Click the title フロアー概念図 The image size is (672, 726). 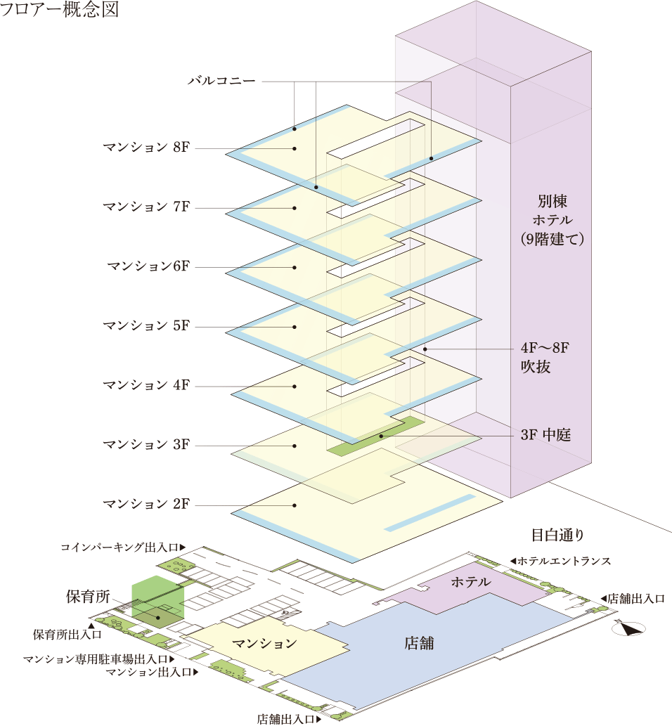click(60, 9)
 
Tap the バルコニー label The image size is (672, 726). click(221, 81)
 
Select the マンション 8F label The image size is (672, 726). click(146, 147)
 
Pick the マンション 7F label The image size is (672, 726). click(146, 207)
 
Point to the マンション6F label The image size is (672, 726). click(148, 266)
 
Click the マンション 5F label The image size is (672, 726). click(146, 325)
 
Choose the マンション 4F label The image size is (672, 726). click(146, 384)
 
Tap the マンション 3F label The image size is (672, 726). click(146, 444)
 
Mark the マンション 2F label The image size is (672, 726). click(146, 504)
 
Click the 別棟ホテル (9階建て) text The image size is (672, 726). click(552, 220)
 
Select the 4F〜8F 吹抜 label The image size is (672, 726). click(545, 357)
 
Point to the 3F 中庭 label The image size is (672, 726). click(545, 435)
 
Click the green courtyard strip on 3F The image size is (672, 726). click(375, 436)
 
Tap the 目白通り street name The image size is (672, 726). click(557, 535)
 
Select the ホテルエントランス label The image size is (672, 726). click(560, 561)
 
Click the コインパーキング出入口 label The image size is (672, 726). click(123, 547)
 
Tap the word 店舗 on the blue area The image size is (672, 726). click(419, 643)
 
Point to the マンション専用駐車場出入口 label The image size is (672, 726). click(98, 659)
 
